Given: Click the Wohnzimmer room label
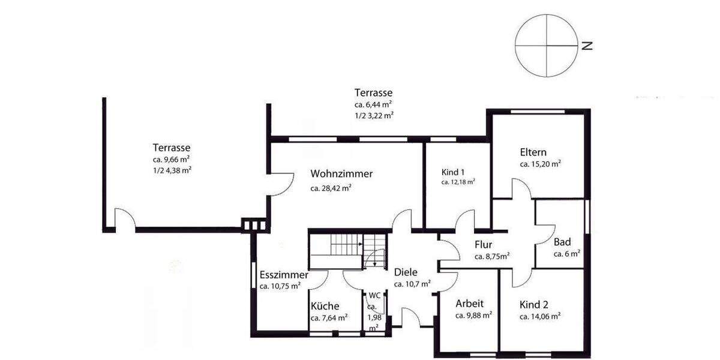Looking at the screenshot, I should (x=341, y=174).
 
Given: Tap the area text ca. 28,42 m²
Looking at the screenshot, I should (x=331, y=188).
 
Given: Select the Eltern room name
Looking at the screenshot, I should (x=533, y=152).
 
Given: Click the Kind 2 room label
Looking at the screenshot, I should (x=535, y=304).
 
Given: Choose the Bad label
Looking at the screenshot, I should (x=562, y=242).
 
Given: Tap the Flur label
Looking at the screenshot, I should (x=484, y=245).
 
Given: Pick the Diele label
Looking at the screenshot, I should (x=406, y=272).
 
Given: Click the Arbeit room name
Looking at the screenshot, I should (x=469, y=304).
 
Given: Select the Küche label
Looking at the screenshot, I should (x=325, y=306).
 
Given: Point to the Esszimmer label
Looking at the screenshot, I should (x=284, y=275).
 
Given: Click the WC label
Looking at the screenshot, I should (x=374, y=295).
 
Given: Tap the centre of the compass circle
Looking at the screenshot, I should (x=545, y=46).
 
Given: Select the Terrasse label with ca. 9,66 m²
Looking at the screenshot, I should (x=172, y=147).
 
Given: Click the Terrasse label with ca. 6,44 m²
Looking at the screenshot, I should (x=373, y=93).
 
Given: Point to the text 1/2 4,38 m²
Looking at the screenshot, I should (x=172, y=170).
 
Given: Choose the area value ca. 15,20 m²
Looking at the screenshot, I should (x=541, y=164).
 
